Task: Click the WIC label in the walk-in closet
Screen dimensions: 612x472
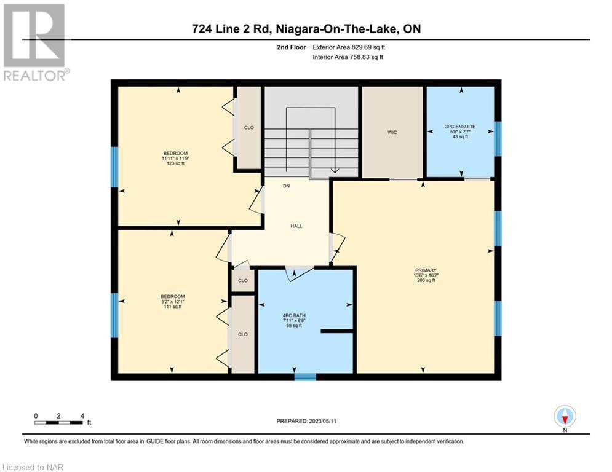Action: [x=392, y=132]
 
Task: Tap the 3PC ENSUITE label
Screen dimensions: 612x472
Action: [x=460, y=127]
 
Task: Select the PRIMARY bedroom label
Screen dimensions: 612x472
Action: [x=426, y=270]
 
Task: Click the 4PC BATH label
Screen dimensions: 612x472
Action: [x=294, y=315]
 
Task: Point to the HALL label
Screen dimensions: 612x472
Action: [x=296, y=226]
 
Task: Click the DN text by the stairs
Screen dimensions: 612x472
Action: [x=287, y=186]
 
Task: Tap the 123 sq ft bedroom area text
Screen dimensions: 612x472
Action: [x=176, y=163]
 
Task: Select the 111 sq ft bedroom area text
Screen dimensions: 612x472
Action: [x=173, y=307]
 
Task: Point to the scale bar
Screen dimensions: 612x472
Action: [x=58, y=422]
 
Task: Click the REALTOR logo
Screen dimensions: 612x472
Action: [x=34, y=42]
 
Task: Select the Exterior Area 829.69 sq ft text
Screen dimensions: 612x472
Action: [x=349, y=47]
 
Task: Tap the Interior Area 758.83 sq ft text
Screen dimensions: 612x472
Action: [x=348, y=57]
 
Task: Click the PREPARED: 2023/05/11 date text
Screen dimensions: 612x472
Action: [x=306, y=421]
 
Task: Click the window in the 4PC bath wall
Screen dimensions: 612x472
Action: [x=305, y=377]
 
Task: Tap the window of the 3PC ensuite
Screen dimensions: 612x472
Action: [x=498, y=139]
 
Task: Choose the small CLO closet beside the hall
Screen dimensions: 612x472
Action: [x=243, y=280]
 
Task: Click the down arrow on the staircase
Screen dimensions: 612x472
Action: [x=335, y=170]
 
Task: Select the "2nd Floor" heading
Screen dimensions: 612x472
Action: [x=292, y=47]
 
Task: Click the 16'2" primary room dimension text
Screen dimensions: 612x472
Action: [x=432, y=275]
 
